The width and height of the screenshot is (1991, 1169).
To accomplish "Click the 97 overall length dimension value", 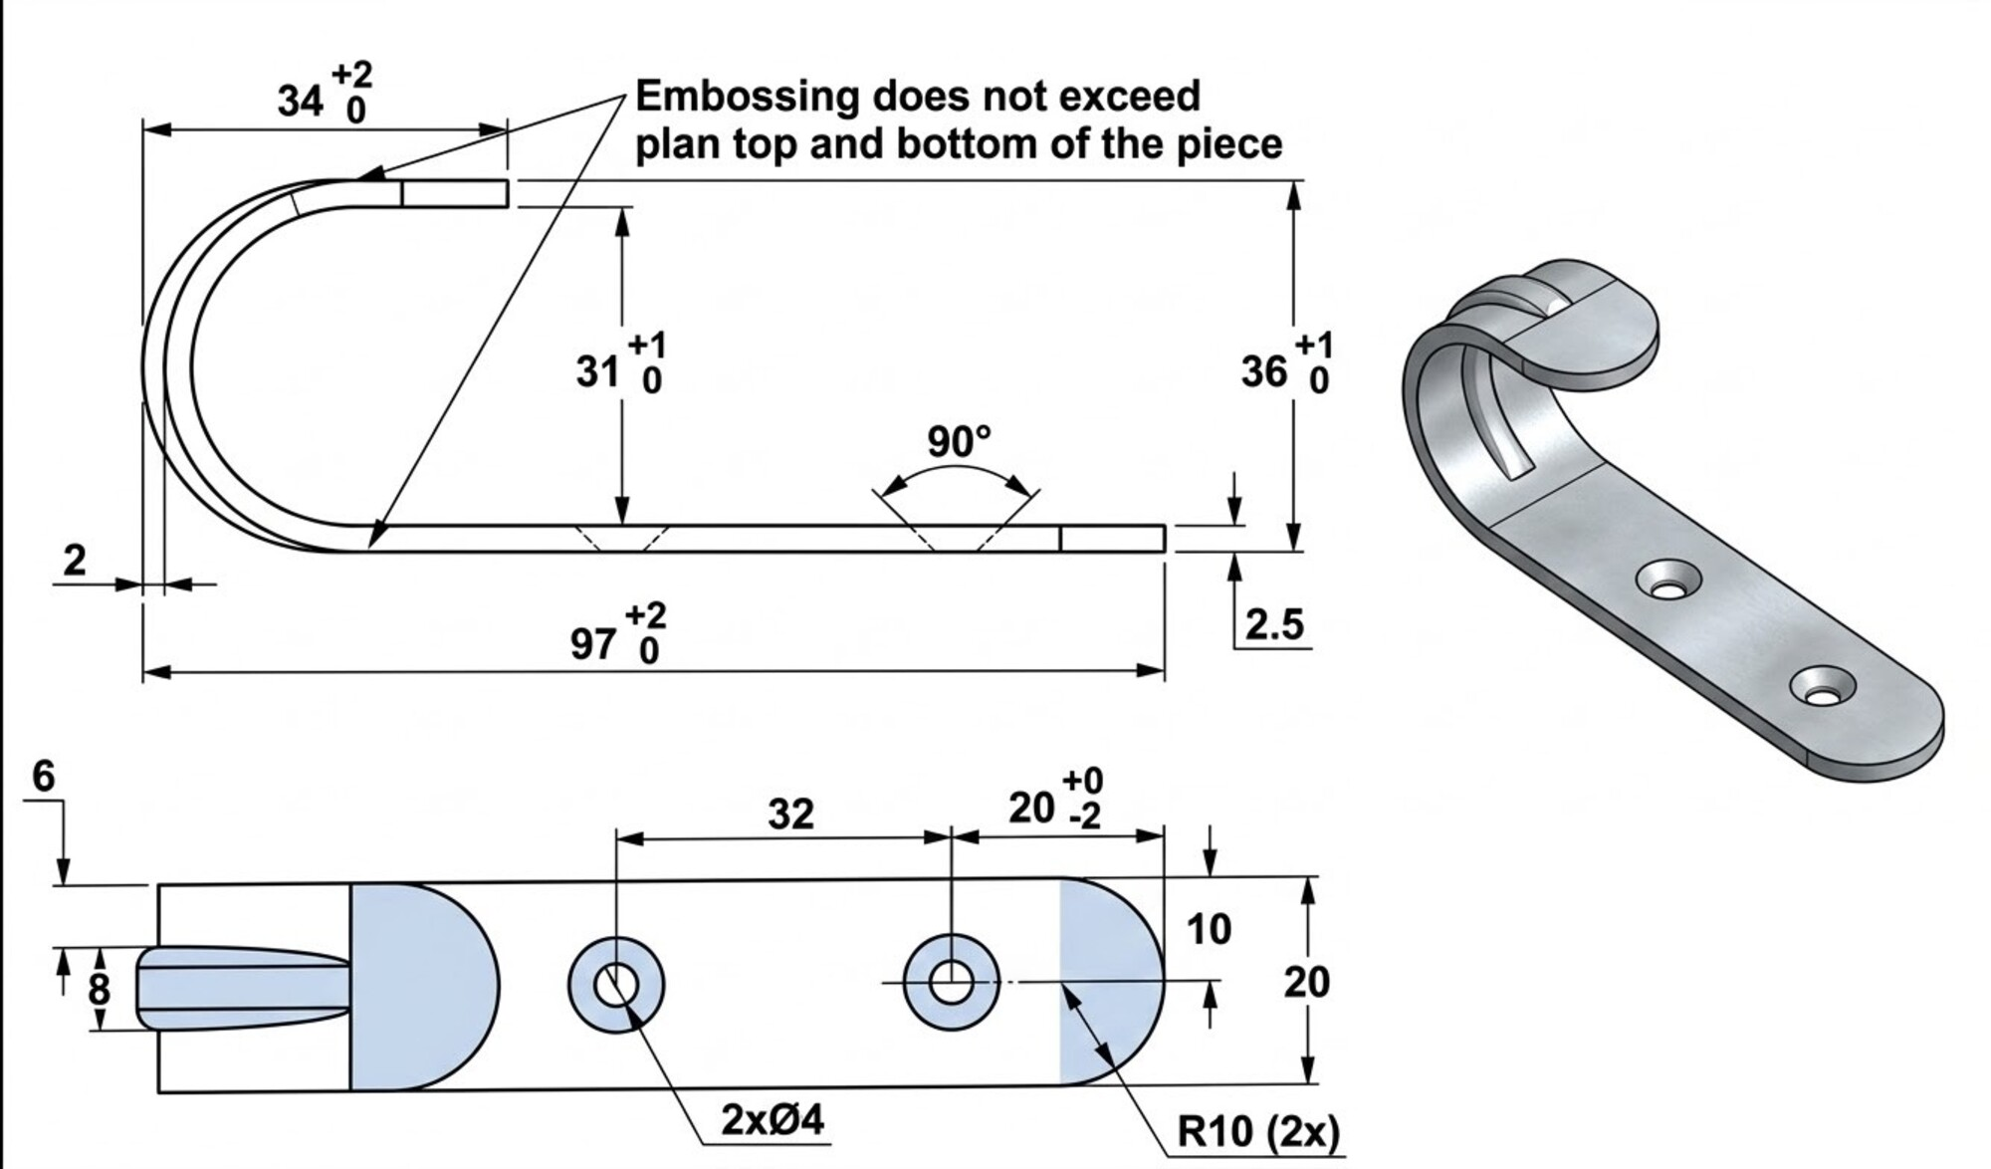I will [594, 644].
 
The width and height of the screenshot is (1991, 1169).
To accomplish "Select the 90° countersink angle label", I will [959, 441].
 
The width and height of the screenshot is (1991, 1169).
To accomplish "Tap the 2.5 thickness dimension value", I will [1274, 624].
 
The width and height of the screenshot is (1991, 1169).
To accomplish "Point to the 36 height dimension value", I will [1264, 372].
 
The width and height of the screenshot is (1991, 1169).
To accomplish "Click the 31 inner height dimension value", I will [598, 372].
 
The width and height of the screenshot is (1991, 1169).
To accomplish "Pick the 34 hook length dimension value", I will [301, 101].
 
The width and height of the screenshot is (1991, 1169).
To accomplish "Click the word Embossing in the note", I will [747, 97].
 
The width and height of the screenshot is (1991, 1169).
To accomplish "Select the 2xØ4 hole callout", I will [773, 1120].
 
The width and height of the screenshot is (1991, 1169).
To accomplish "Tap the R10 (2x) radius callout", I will [1258, 1132].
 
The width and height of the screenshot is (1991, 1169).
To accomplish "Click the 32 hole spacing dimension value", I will [791, 815].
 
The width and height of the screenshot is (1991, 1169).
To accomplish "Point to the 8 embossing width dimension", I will [99, 990].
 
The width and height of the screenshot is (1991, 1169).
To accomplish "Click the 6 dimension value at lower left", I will [44, 777].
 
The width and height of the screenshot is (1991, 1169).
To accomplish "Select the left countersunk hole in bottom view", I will [616, 985].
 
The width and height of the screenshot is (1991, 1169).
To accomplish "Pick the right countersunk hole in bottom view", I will [951, 983].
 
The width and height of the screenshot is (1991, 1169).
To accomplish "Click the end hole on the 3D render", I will [1823, 689].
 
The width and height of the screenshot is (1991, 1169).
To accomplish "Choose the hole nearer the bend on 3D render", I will [1669, 581].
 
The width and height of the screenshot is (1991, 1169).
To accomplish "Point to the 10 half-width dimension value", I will [1209, 929].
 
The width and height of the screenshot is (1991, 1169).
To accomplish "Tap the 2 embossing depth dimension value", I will [75, 561].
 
